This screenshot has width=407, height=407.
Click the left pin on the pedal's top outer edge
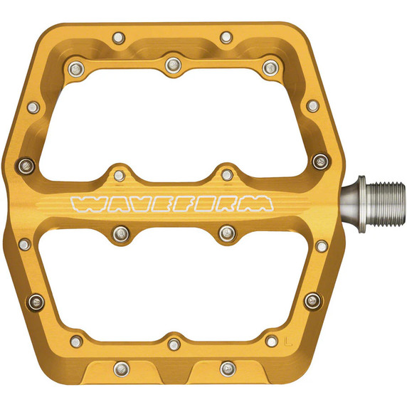tap(118, 36)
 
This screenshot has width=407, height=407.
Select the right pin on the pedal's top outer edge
tap(226, 36)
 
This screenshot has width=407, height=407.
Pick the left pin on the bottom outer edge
tap(121, 369)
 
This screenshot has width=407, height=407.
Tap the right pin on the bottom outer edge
tap(228, 369)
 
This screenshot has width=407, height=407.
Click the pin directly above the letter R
tap(226, 174)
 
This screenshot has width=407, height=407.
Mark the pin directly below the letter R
tap(226, 232)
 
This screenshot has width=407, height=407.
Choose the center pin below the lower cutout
tap(174, 344)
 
